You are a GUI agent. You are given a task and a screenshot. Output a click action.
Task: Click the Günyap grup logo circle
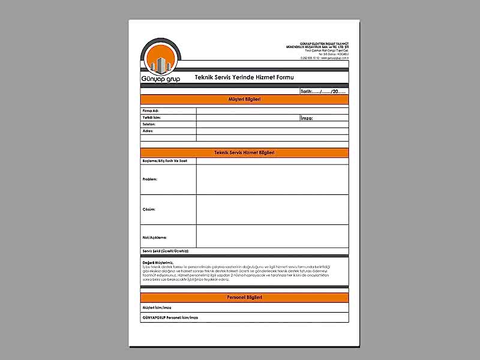(159, 60)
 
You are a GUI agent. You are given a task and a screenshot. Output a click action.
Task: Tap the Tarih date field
(323, 91)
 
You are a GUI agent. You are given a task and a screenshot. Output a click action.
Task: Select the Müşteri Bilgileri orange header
(244, 99)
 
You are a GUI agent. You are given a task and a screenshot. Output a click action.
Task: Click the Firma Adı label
(151, 111)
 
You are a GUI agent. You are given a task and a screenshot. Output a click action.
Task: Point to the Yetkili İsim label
(152, 118)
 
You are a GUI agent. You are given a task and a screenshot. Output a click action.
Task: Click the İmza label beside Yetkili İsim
(307, 118)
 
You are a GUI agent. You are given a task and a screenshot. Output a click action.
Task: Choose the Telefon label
(149, 124)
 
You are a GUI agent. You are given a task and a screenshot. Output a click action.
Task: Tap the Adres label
(148, 131)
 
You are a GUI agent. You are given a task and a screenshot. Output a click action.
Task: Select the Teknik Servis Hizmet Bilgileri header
(244, 153)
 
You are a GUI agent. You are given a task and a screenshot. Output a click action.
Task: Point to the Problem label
(150, 179)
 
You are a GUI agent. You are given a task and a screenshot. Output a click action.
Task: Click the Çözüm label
(149, 209)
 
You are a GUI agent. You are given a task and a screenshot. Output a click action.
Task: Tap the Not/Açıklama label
(154, 238)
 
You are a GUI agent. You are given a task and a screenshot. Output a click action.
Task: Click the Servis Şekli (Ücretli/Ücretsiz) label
(170, 251)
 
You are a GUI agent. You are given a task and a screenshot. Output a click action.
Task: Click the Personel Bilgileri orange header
(244, 298)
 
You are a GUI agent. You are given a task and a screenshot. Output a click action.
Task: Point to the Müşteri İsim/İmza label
(157, 307)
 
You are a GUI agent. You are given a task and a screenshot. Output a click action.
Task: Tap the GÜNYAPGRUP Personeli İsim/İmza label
(170, 317)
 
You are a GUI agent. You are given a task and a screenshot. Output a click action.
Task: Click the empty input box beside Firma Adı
(272, 111)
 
